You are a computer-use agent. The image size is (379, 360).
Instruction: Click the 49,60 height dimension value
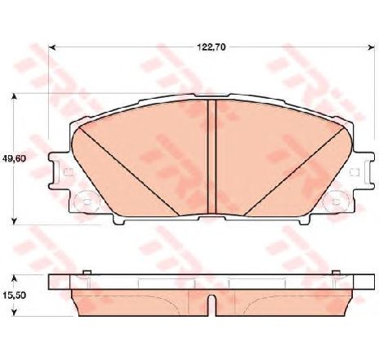[x=14, y=158]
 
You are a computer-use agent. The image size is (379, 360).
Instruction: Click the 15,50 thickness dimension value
[x=14, y=296]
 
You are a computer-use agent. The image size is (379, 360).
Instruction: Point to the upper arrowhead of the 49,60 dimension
[x=15, y=97]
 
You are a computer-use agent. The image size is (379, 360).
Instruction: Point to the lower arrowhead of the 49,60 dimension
[x=15, y=221]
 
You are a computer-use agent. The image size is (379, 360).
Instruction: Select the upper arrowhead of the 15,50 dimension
[x=15, y=278]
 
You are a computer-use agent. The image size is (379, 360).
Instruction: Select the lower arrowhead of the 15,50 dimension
[x=15, y=312]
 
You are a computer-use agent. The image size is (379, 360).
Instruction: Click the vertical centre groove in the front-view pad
[x=212, y=157]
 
